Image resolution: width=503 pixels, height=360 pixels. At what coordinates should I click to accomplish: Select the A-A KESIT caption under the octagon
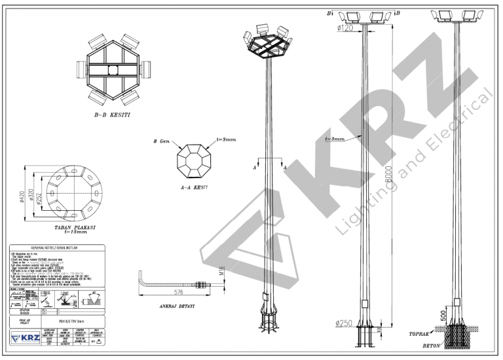click(195, 186)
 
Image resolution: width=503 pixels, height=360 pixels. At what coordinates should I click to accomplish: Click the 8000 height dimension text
click(388, 173)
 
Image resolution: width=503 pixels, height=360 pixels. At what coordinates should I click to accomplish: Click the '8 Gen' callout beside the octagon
click(159, 141)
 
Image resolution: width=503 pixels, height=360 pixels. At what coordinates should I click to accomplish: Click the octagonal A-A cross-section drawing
click(194, 160)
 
